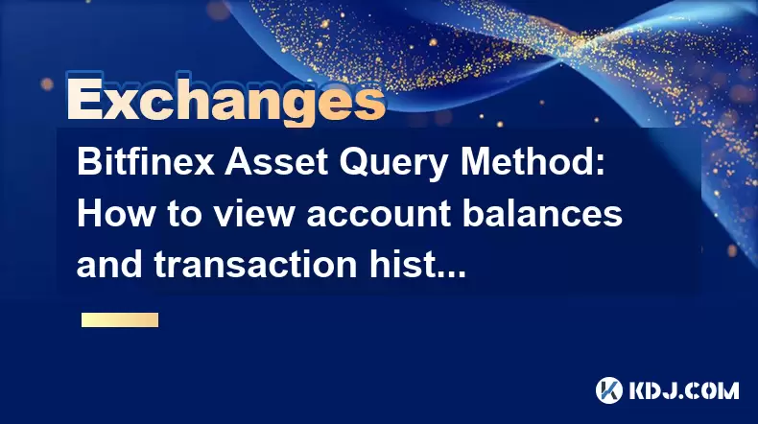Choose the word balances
pos(542,214)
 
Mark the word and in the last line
pos(110,265)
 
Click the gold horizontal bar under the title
pos(120,319)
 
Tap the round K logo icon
pos(609,390)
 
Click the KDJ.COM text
pos(684,390)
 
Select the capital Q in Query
pos(355,163)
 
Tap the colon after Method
pos(600,166)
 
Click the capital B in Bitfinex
pos(89,162)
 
